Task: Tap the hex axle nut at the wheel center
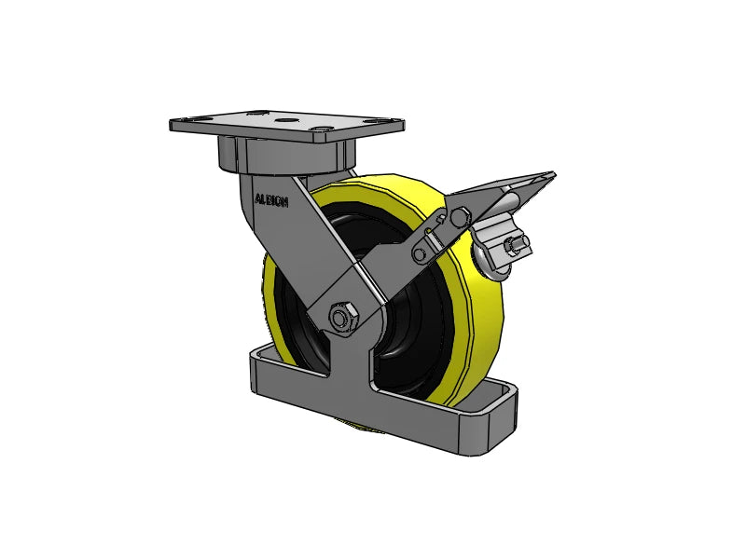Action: tap(342, 316)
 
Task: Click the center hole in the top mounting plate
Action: tap(285, 120)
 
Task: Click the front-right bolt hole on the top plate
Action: tap(323, 129)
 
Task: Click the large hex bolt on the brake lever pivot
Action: tap(459, 217)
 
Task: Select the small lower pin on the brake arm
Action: tap(421, 254)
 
